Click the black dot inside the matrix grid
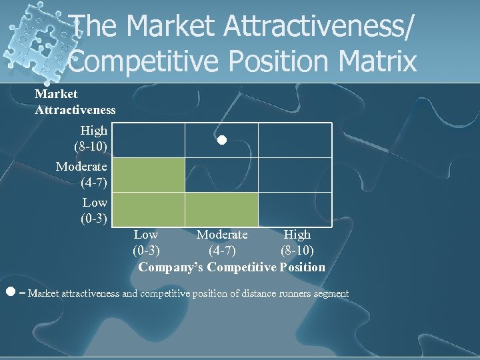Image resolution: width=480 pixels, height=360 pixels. [221, 141]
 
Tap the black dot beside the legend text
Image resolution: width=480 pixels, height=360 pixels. [10, 291]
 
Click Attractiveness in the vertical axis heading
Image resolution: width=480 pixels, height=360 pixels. [75, 109]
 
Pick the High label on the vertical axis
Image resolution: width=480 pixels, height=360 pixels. [93, 131]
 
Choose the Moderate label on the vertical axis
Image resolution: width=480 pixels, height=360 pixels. [81, 166]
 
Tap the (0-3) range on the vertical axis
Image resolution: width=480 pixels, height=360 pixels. [94, 217]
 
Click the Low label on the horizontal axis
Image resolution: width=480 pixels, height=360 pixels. [145, 235]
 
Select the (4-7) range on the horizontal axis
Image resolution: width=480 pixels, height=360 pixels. [221, 251]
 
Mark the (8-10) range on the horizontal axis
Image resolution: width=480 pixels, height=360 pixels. [297, 251]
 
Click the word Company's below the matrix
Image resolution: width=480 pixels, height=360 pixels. [171, 267]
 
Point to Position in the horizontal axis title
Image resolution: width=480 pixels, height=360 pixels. [303, 267]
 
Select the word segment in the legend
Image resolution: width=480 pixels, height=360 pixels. [331, 293]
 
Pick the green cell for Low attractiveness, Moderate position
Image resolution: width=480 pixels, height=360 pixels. [221, 209]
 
